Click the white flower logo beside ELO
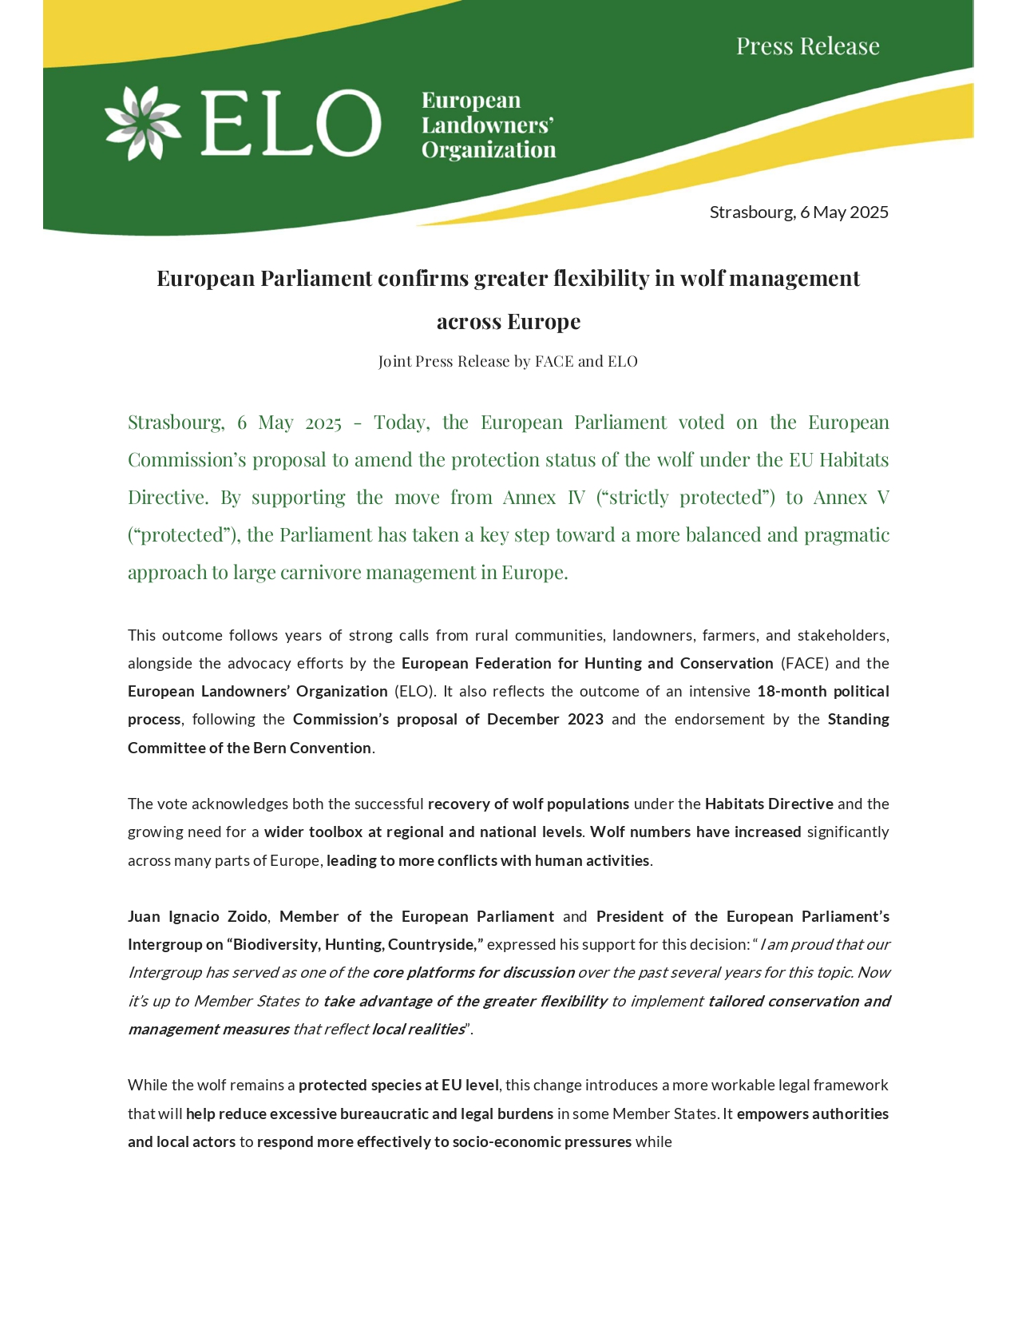pos(143,123)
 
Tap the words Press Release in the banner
pos(807,46)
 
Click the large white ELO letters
pos(291,123)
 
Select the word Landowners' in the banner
pos(488,125)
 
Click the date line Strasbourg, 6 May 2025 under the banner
pos(798,212)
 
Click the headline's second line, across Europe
pos(509,322)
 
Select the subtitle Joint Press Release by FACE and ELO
pos(508,362)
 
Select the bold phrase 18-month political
pos(822,692)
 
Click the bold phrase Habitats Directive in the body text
pos(769,804)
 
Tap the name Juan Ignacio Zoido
pos(197,917)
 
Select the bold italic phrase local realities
pos(418,1030)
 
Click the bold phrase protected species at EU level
pos(398,1086)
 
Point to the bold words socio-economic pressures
pos(542,1142)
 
